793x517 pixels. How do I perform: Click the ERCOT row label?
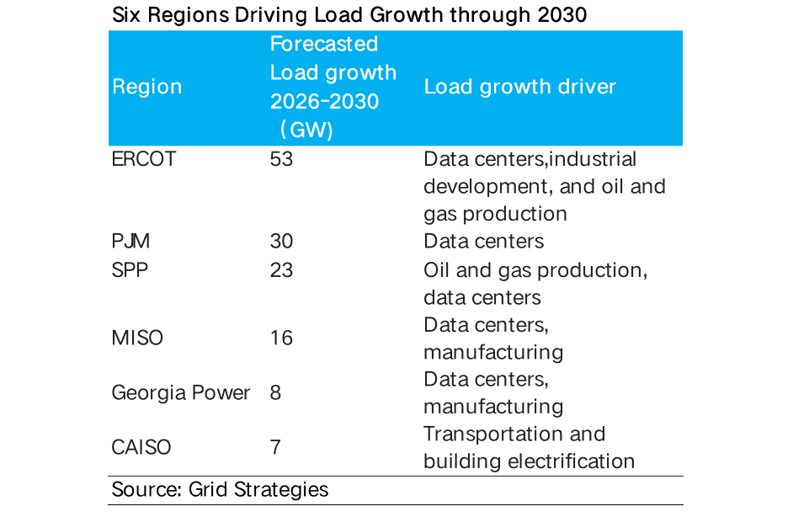[144, 159]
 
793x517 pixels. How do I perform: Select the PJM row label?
[130, 242]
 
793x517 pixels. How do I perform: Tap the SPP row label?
[130, 270]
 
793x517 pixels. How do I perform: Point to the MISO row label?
[137, 338]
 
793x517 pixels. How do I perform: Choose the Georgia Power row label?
[181, 393]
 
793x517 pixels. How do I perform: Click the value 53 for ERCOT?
[281, 159]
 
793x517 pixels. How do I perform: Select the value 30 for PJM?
[281, 242]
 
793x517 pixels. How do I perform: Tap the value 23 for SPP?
[281, 270]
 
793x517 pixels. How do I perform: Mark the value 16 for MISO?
[281, 338]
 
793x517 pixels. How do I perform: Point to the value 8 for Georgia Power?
[275, 393]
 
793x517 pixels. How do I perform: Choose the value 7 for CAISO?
[275, 447]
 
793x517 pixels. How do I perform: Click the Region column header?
[146, 87]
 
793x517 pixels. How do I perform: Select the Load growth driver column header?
[519, 87]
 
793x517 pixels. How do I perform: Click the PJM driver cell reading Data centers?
[484, 242]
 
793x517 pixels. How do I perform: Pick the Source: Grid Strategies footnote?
[220, 489]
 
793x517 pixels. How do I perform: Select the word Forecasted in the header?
[324, 44]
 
